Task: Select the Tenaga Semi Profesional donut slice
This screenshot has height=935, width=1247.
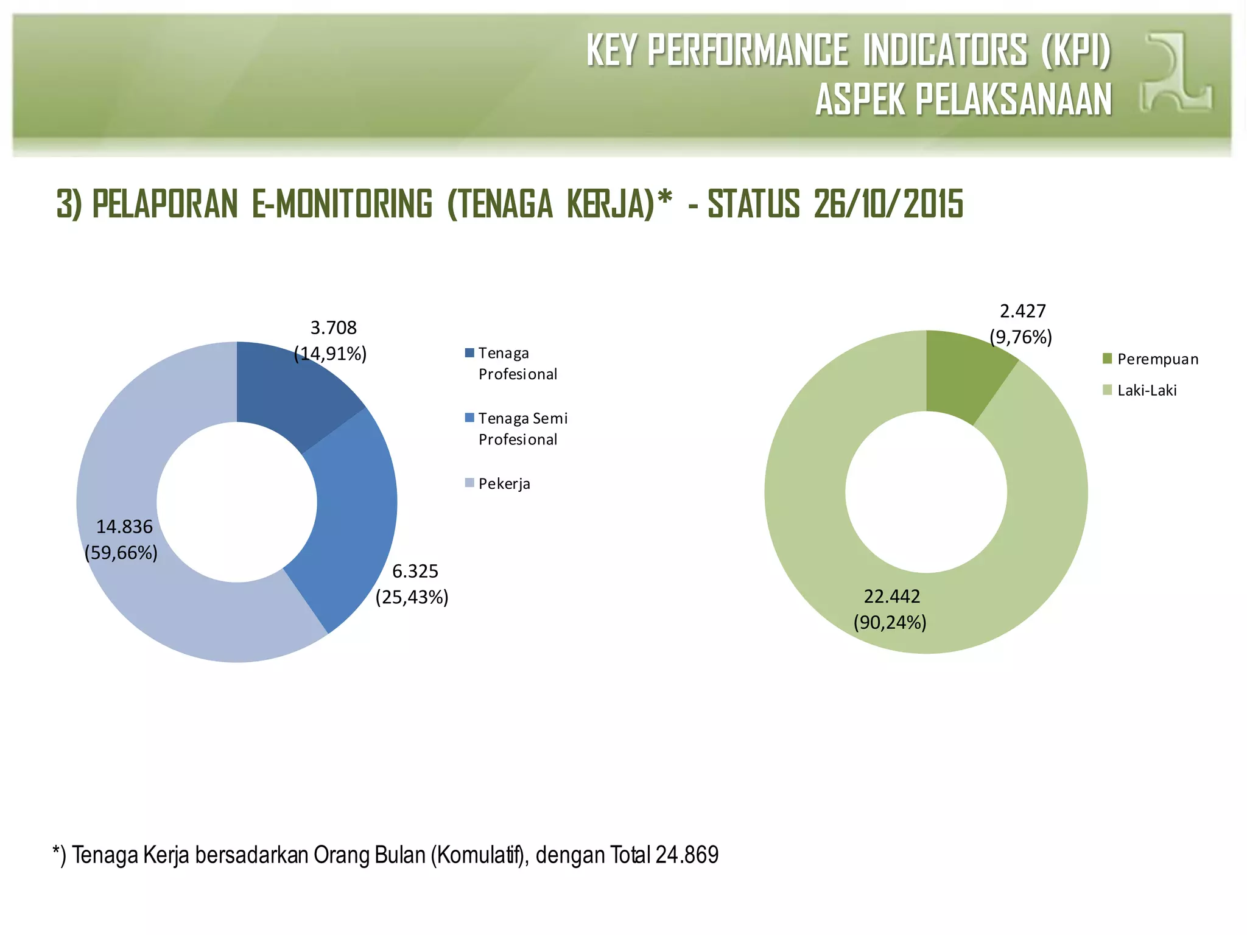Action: [353, 517]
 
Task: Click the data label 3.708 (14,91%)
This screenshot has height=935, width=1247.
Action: [331, 341]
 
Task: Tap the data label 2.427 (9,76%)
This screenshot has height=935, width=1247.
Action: [1021, 324]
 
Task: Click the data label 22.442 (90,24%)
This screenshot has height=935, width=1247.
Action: [891, 609]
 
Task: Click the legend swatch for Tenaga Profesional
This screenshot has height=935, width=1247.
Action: [469, 353]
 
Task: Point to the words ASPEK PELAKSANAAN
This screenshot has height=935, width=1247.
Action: [963, 100]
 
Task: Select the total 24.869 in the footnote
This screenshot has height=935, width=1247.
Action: [687, 855]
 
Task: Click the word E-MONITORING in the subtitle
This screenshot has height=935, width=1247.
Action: [342, 204]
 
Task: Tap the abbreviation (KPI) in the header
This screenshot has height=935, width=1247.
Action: [1076, 50]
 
